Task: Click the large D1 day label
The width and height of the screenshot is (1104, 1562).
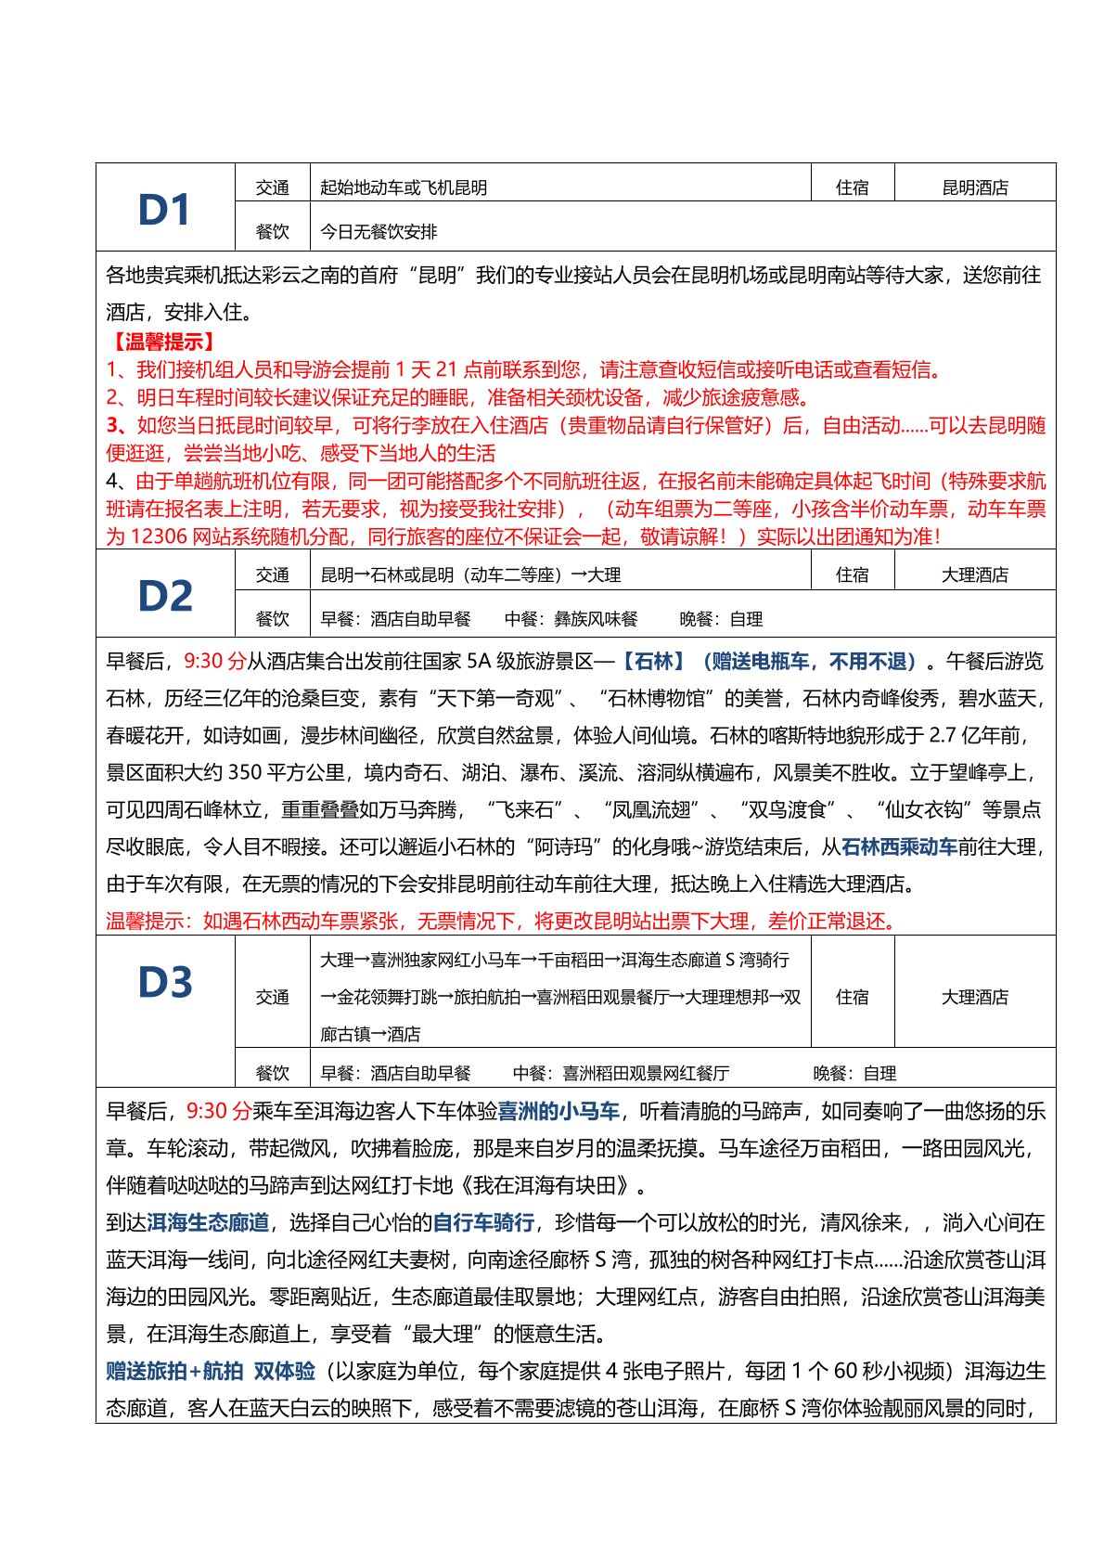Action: click(164, 210)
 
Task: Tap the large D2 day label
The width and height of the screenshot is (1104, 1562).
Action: click(165, 596)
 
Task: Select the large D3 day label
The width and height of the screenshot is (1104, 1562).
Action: click(165, 982)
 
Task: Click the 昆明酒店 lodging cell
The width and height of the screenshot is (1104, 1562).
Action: click(974, 187)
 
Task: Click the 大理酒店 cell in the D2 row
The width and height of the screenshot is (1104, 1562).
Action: click(974, 574)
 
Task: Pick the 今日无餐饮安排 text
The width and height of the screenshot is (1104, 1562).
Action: click(379, 231)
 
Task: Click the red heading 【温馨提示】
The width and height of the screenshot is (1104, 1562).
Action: click(163, 342)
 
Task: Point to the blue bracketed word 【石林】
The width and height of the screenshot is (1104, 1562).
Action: click(651, 661)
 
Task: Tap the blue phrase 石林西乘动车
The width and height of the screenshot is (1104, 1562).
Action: click(898, 846)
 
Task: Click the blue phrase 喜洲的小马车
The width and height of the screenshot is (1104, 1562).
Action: click(558, 1111)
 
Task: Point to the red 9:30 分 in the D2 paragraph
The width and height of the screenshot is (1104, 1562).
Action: click(214, 661)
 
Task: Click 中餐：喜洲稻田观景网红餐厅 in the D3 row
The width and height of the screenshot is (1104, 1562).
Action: click(621, 1073)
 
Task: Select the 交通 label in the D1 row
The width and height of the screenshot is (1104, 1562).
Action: click(272, 187)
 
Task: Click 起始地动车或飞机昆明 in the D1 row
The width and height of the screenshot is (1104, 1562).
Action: click(404, 187)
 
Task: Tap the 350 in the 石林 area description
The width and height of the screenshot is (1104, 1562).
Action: click(244, 772)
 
